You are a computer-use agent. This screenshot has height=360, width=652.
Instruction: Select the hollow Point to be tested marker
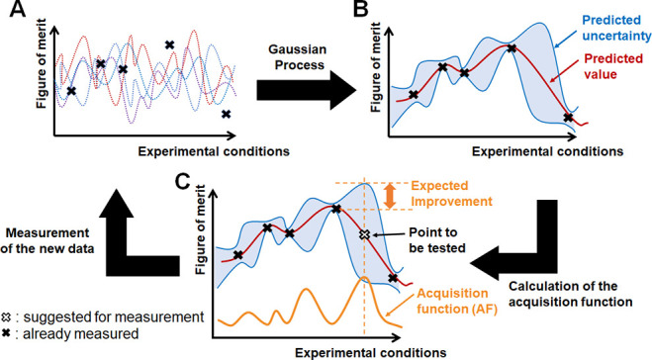[x=364, y=234]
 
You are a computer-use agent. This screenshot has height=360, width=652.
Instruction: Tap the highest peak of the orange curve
[x=364, y=280]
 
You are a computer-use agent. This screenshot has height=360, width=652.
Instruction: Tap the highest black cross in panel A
[x=169, y=45]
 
